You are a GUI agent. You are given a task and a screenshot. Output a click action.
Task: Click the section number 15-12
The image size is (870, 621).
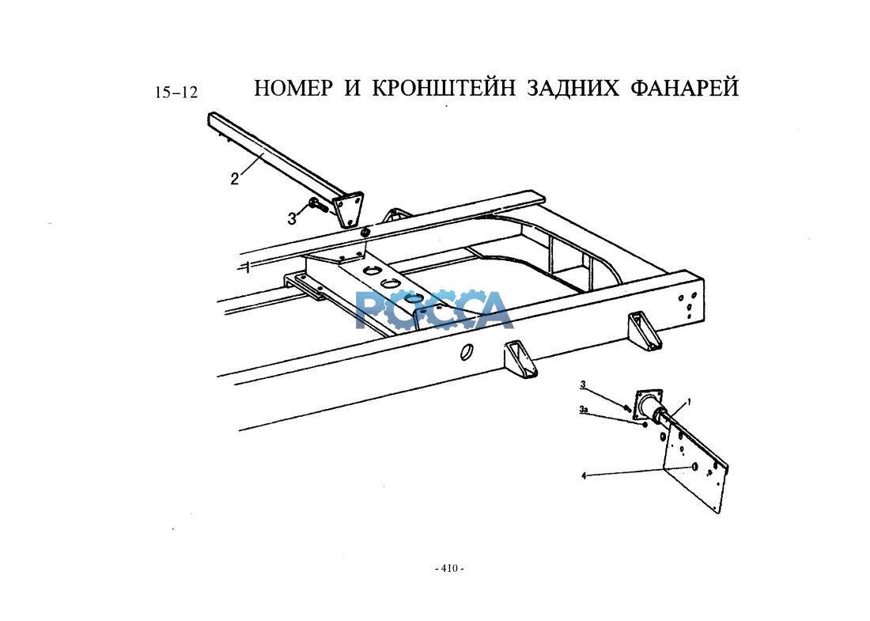(x=176, y=93)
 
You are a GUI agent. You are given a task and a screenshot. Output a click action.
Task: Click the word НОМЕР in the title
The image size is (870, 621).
(x=293, y=88)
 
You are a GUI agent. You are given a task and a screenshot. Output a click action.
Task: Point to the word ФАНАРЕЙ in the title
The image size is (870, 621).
(x=684, y=88)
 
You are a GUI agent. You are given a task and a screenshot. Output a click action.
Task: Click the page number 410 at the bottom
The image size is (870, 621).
(x=449, y=568)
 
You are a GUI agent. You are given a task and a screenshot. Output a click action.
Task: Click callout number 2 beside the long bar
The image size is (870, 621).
(x=234, y=179)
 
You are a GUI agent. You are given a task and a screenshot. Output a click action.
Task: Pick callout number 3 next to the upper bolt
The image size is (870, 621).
(x=292, y=219)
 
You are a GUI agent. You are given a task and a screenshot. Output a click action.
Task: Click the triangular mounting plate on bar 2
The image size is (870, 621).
(x=348, y=209)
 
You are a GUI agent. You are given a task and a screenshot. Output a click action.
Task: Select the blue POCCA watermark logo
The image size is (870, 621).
(x=433, y=310)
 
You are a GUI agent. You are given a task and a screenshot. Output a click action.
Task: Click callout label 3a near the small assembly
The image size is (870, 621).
(x=583, y=410)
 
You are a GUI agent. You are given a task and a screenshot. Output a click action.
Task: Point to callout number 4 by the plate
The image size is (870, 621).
(x=584, y=476)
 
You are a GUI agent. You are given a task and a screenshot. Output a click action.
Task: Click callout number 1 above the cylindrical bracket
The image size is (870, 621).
(x=689, y=402)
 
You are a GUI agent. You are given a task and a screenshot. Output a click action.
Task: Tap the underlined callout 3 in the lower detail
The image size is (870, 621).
(x=583, y=385)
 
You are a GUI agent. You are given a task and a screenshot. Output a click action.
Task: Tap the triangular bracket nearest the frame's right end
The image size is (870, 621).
(x=645, y=331)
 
